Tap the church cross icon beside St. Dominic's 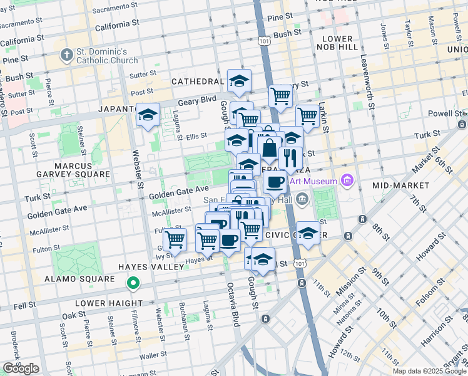67,55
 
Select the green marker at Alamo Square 133,284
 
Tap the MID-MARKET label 400,185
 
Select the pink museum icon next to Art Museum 348,182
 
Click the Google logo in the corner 21,368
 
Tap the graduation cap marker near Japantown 148,115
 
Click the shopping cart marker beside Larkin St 307,115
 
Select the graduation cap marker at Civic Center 308,233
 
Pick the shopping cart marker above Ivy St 175,239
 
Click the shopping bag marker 269,149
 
